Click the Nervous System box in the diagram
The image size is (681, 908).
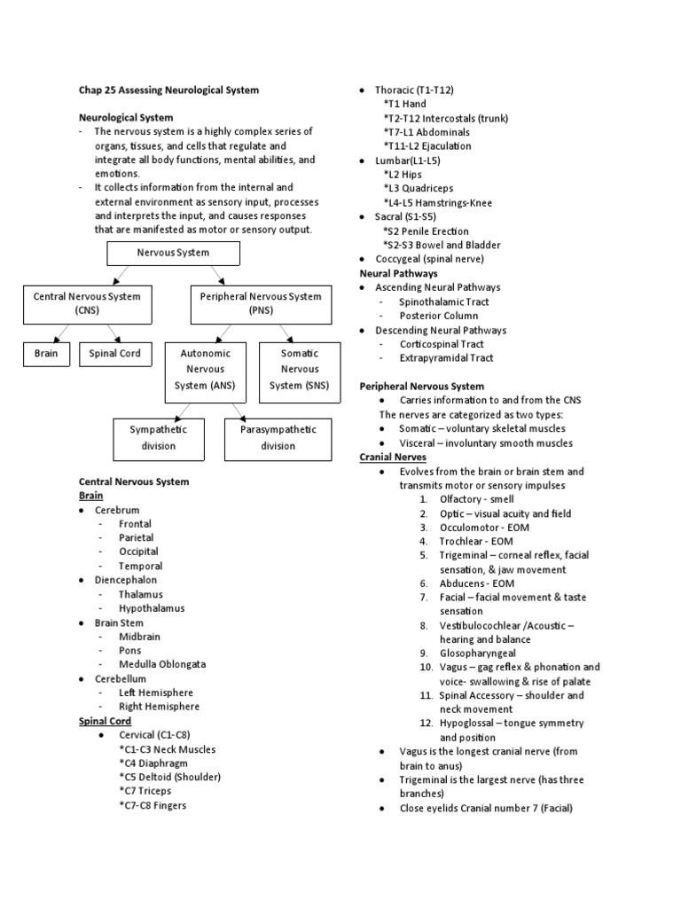pyautogui.click(x=173, y=253)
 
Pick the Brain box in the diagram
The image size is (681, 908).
pyautogui.click(x=46, y=354)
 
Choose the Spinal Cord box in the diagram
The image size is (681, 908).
pyautogui.click(x=115, y=354)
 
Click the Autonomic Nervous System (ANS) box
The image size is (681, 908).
pyautogui.click(x=205, y=369)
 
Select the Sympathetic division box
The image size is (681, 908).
pyautogui.click(x=159, y=437)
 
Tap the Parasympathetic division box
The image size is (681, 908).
pyautogui.click(x=278, y=437)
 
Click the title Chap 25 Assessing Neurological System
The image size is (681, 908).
pyautogui.click(x=169, y=90)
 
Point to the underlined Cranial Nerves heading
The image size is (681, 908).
pyautogui.click(x=393, y=458)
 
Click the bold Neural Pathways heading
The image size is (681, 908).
pyautogui.click(x=398, y=274)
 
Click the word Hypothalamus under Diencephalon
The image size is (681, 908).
pyautogui.click(x=153, y=608)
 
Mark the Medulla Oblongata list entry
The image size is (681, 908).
pyautogui.click(x=162, y=665)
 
